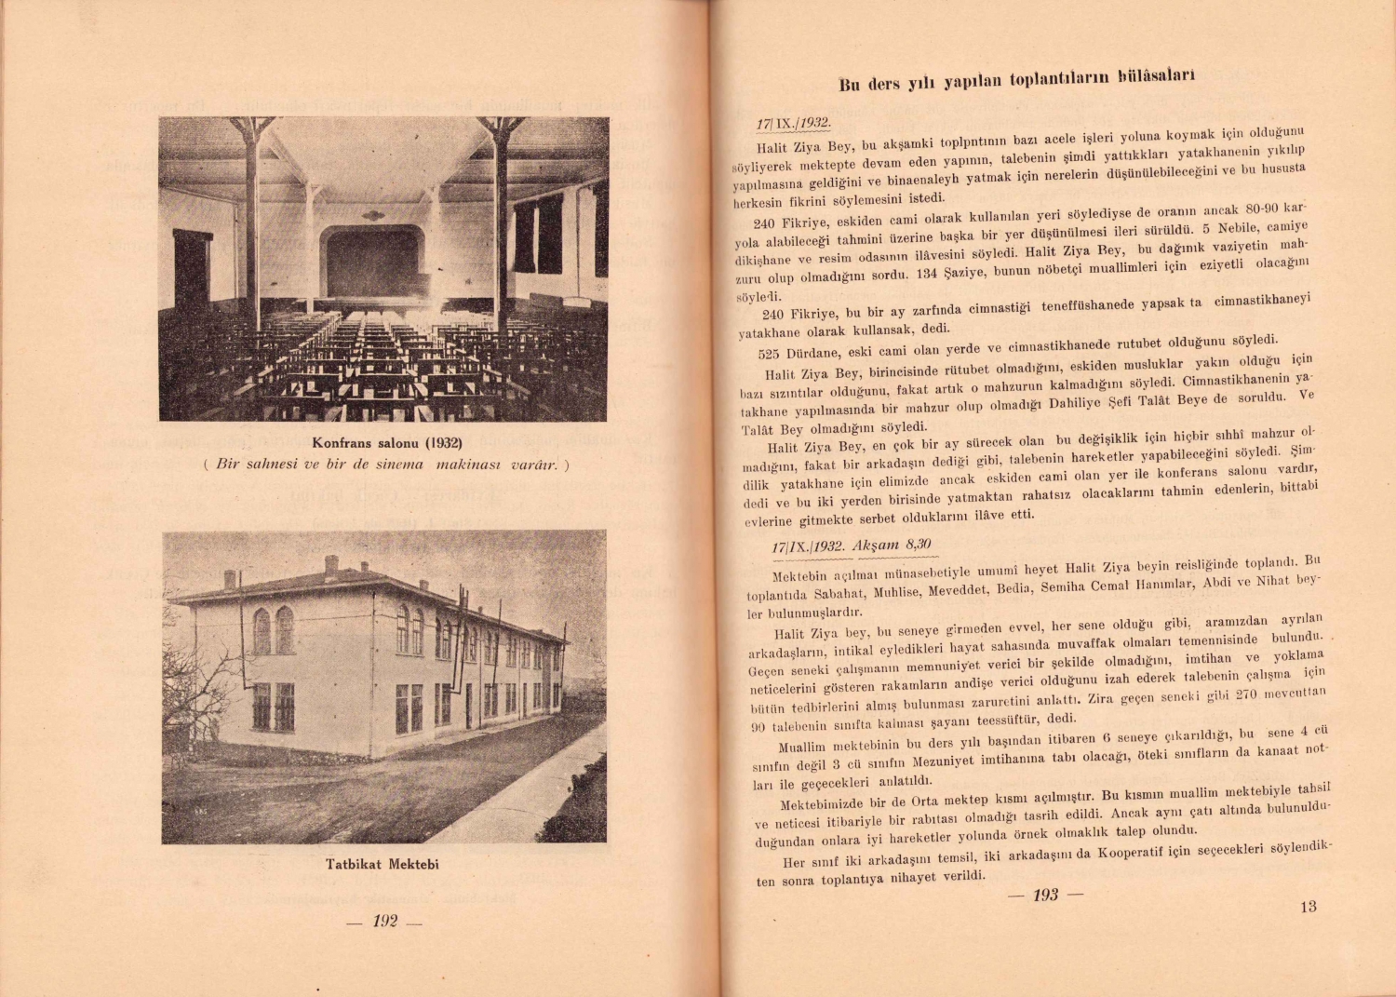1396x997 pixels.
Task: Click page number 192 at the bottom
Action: coord(384,921)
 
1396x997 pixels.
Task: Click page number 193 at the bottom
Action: coord(1045,895)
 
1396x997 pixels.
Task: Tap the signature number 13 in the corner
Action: coord(1308,907)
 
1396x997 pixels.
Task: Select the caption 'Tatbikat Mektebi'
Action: coord(383,864)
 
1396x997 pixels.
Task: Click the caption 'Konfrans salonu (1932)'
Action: coord(387,442)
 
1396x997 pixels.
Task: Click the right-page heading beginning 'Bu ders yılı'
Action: coord(1016,81)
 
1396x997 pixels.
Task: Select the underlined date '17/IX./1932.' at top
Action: coord(793,123)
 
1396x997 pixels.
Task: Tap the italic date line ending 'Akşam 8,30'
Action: coord(852,546)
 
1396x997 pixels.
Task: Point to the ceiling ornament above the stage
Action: coord(373,216)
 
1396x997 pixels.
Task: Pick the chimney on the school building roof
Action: coord(330,565)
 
